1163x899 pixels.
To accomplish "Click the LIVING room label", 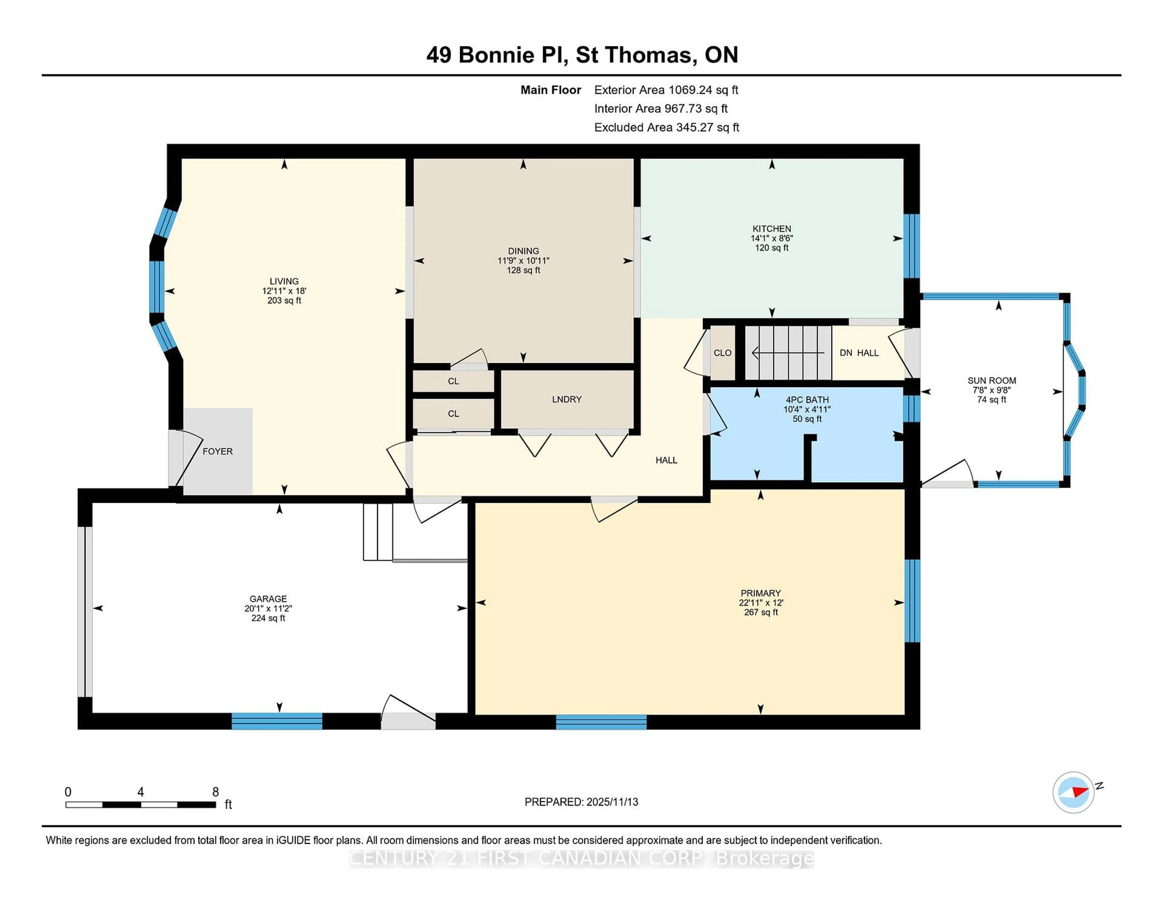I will point(284,281).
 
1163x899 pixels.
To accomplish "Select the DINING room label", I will point(523,251).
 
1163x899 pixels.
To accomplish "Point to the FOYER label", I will point(217,451).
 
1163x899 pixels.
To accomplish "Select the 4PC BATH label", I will point(807,400).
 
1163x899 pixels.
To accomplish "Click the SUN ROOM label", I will point(992,380).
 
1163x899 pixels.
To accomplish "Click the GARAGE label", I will point(268,599).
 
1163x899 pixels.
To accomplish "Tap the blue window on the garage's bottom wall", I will point(277,721).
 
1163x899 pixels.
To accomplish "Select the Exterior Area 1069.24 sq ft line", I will point(666,90).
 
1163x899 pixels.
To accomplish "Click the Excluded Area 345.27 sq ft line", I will point(666,127).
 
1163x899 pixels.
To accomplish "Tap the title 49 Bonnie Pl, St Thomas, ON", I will point(581,55).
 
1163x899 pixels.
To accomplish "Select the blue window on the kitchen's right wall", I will point(911,246).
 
